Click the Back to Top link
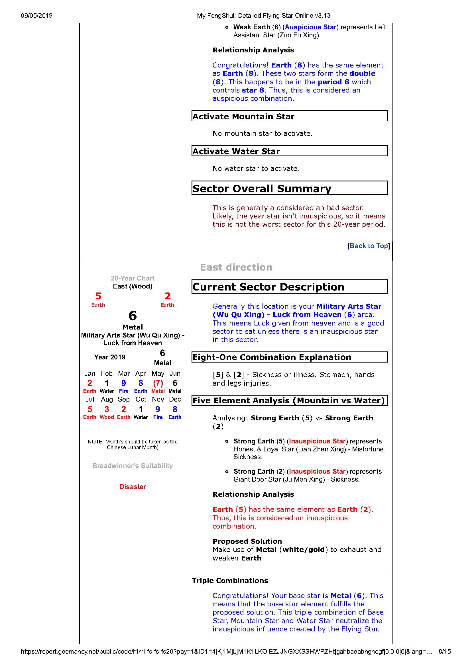click(369, 246)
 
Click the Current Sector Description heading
click(268, 287)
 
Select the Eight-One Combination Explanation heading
click(272, 357)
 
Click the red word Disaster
click(133, 487)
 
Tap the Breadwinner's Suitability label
click(133, 466)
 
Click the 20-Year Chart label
click(133, 278)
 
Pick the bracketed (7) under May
click(158, 383)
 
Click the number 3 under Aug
click(107, 409)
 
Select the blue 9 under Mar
click(124, 383)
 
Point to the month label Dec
click(175, 399)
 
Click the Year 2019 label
click(110, 357)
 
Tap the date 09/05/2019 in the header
click(37, 16)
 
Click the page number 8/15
click(444, 651)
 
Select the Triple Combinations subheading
click(230, 580)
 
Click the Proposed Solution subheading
click(247, 541)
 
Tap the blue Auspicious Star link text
click(310, 27)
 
